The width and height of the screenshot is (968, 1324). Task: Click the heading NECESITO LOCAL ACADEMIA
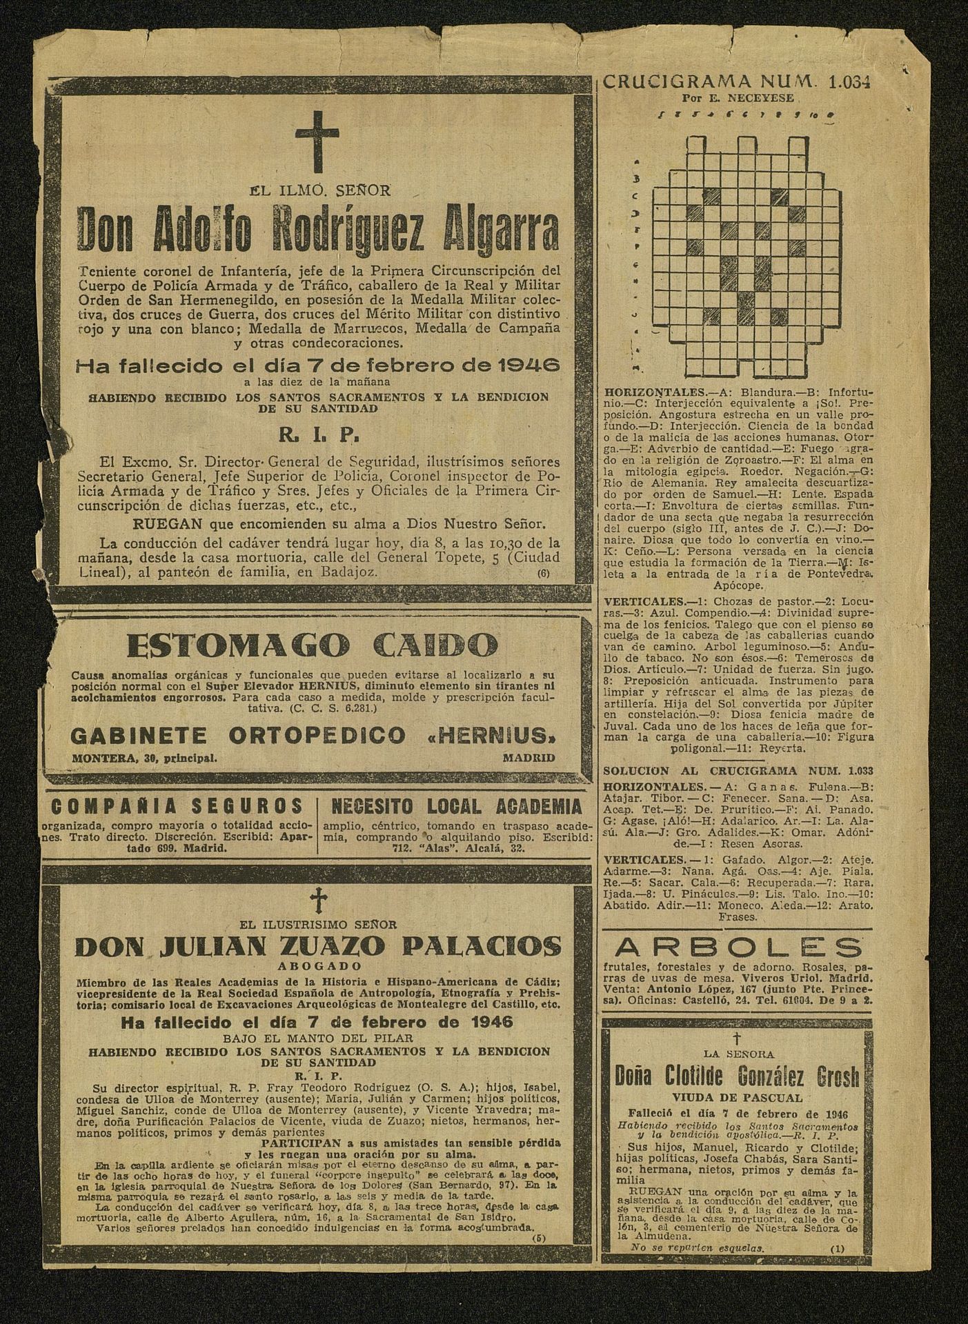tap(456, 806)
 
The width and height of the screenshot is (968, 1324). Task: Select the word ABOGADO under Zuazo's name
tap(317, 967)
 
